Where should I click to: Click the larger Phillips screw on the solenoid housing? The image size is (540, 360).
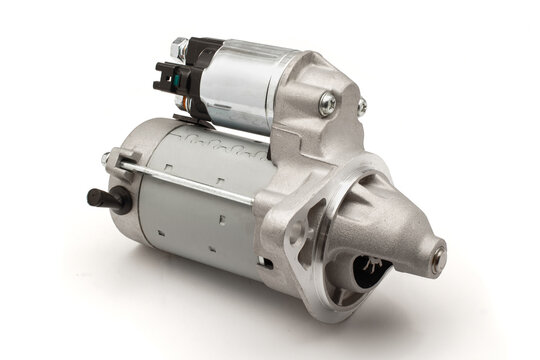point(326,101)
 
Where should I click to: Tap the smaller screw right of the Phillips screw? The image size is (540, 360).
point(361,104)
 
